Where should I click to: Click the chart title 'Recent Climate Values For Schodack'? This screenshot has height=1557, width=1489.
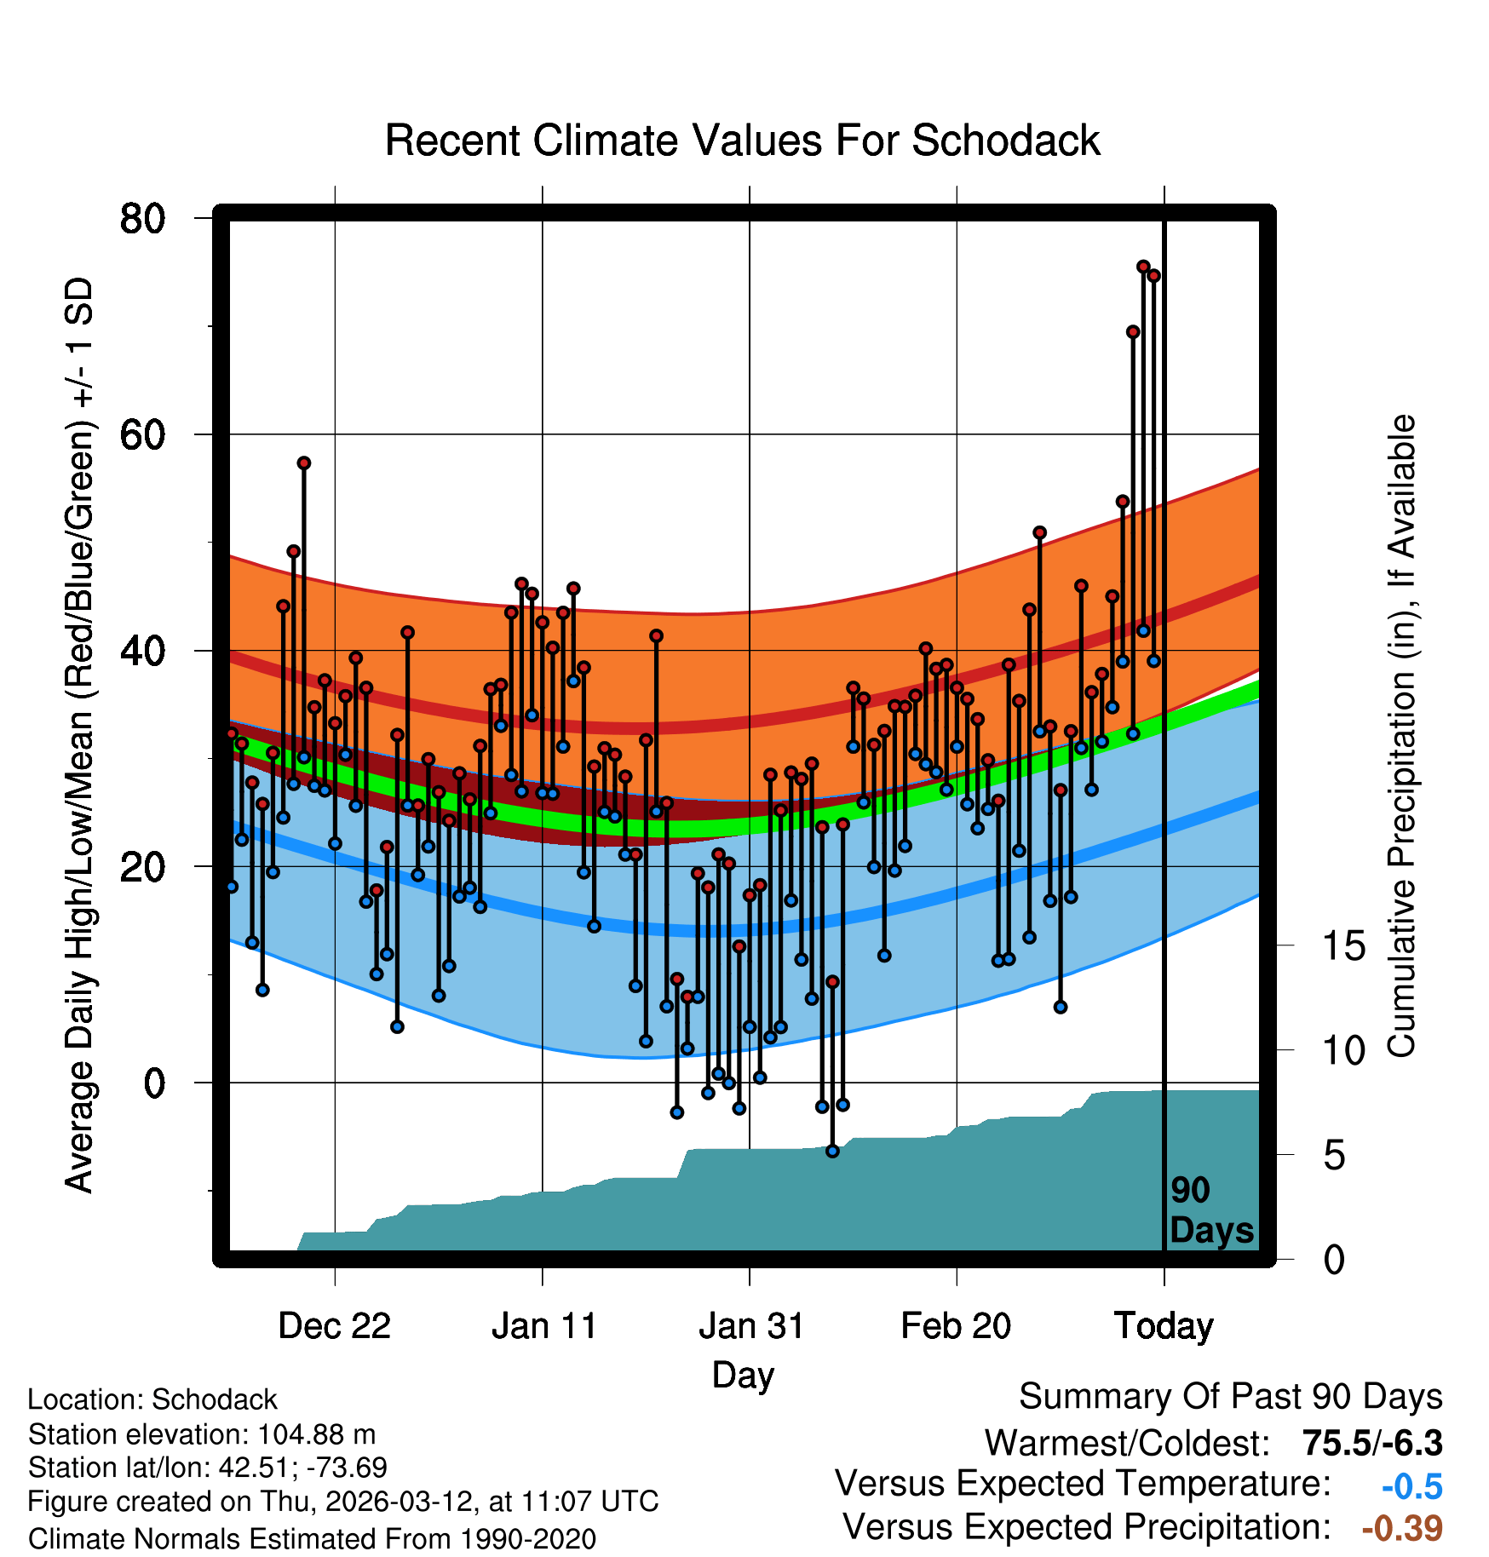(x=742, y=141)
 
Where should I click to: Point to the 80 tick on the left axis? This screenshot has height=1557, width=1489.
(x=142, y=219)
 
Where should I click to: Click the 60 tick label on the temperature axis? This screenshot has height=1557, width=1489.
(x=142, y=435)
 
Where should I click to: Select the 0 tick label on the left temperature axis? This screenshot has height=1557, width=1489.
(x=154, y=1083)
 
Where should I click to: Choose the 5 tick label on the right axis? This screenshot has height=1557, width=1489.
(x=1335, y=1156)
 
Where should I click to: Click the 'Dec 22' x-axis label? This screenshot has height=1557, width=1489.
(x=334, y=1326)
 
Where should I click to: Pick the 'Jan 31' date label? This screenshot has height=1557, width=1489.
(x=751, y=1326)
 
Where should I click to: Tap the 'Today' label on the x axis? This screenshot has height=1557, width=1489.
(x=1164, y=1326)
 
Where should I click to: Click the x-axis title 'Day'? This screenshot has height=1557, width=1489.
(x=743, y=1375)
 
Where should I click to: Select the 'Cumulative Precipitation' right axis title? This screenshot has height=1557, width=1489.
(x=1401, y=737)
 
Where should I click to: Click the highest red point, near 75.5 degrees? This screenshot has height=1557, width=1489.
(x=1143, y=267)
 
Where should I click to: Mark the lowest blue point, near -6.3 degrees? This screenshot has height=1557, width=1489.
(x=832, y=1152)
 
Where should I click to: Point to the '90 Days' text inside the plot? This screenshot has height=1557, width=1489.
(x=1211, y=1210)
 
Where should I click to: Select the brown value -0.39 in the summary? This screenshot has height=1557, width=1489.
(x=1402, y=1528)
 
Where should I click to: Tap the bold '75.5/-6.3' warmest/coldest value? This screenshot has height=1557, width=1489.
(x=1372, y=1443)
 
